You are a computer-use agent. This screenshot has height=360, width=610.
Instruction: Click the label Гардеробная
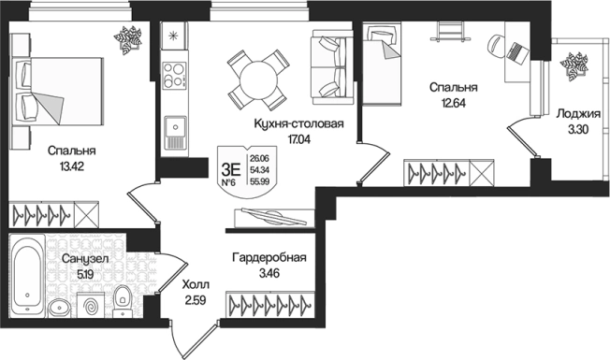coord(269,257)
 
